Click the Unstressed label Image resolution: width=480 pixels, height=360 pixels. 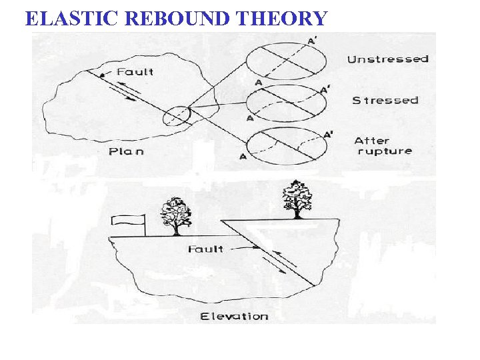[x=387, y=59]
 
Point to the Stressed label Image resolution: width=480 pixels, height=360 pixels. [x=385, y=100]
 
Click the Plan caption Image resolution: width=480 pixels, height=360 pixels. [x=126, y=151]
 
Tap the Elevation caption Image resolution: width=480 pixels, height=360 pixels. [x=234, y=316]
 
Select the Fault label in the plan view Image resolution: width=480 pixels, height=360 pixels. [x=135, y=71]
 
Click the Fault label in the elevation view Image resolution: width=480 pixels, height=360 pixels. [x=205, y=249]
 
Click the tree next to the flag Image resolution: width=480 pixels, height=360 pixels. [x=175, y=215]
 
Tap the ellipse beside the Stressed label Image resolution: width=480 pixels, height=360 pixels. [x=287, y=102]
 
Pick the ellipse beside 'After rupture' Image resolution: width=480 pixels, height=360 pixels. [x=287, y=145]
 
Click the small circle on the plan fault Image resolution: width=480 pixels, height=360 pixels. [x=177, y=115]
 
